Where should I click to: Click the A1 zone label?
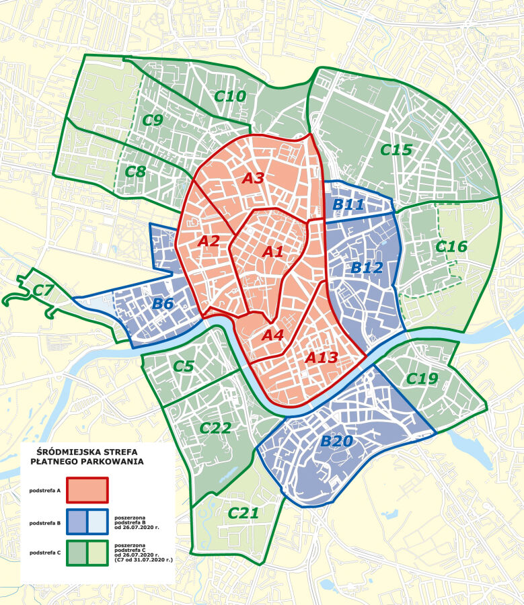(272, 252)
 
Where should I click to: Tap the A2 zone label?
(209, 241)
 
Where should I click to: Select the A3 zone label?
(254, 178)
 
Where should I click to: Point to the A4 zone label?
(272, 334)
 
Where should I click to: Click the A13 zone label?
(322, 358)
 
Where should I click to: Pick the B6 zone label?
(163, 304)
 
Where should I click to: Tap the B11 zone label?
(348, 205)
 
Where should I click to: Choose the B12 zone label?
(367, 268)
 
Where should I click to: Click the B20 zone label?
(336, 442)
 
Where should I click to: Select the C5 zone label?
(184, 366)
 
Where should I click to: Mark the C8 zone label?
(135, 171)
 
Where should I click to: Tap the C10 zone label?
(230, 96)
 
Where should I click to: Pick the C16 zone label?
(451, 247)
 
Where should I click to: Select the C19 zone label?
(422, 379)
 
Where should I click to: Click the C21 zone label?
(243, 514)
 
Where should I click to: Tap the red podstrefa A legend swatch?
(87, 490)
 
